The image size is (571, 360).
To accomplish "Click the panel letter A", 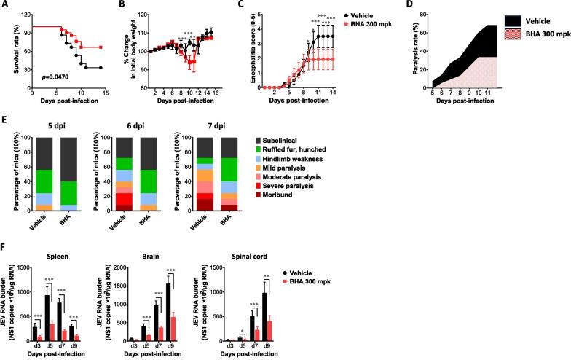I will tap(5, 6).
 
